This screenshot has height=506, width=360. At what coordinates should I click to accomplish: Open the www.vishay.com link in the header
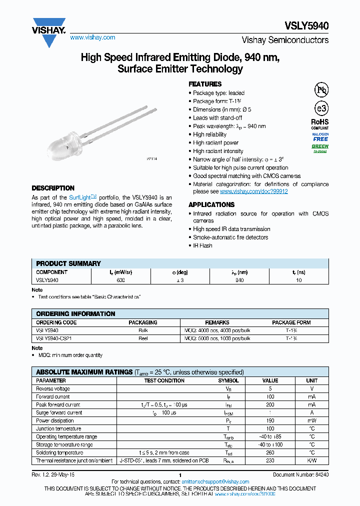[92, 37]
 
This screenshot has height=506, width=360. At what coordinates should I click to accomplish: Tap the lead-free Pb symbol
[320, 90]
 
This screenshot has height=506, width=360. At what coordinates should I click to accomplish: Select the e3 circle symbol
[320, 109]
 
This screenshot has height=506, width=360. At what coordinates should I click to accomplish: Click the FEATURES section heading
[204, 84]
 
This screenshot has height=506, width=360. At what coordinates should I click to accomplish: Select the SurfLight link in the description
[80, 197]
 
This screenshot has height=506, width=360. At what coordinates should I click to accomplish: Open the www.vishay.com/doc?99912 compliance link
[253, 191]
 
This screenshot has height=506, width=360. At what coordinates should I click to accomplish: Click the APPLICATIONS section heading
[211, 204]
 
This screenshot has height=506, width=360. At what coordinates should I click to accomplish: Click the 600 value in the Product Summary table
[121, 280]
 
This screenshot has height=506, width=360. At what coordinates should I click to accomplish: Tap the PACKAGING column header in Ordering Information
[143, 322]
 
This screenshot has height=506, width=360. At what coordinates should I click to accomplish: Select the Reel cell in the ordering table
[143, 338]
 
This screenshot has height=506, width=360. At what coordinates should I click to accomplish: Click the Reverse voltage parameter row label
[53, 388]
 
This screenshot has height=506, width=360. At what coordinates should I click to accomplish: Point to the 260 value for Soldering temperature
[270, 452]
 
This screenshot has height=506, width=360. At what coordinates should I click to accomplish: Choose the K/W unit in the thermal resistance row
[311, 460]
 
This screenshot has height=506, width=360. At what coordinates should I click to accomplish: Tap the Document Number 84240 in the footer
[300, 474]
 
